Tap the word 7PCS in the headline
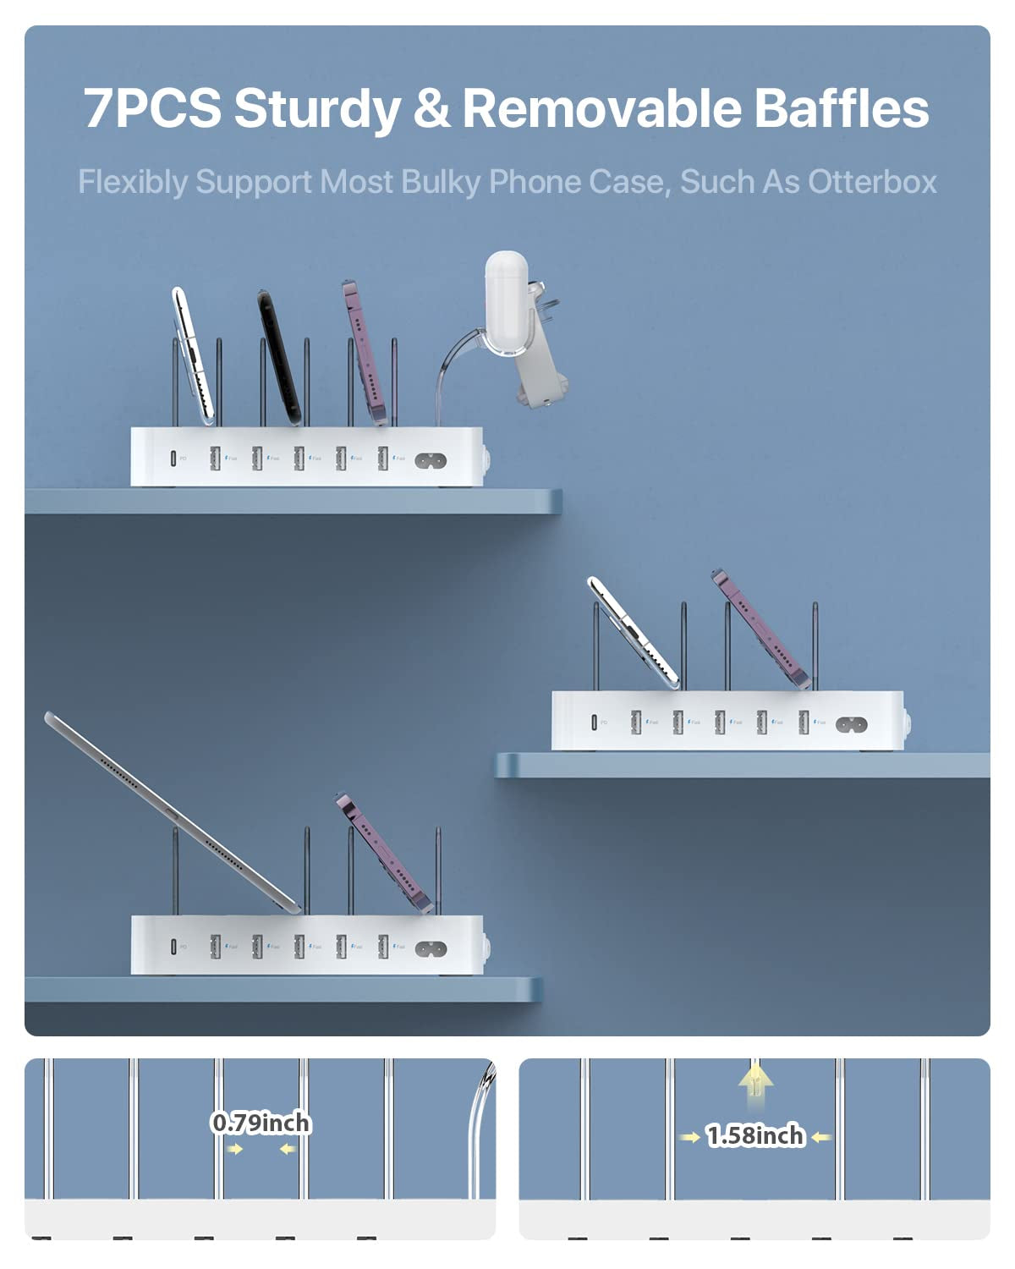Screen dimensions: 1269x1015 coord(152,108)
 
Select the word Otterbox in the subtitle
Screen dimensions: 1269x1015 coord(872,182)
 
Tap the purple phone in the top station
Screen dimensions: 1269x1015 coord(365,351)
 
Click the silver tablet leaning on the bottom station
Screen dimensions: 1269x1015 coord(169,812)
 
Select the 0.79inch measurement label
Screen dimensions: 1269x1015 coord(261,1123)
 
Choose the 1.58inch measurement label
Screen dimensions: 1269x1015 coord(755,1135)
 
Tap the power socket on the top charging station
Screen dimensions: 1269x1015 coord(431,461)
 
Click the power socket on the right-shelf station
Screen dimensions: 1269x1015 coord(851,724)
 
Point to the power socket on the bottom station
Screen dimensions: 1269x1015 coord(431,948)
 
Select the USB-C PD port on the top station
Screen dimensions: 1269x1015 coord(173,459)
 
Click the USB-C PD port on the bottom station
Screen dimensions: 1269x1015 coord(173,946)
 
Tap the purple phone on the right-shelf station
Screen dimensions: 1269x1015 coord(761,630)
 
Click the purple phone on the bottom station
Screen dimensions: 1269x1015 coord(385,854)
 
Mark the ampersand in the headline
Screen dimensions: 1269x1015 coord(431,108)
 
